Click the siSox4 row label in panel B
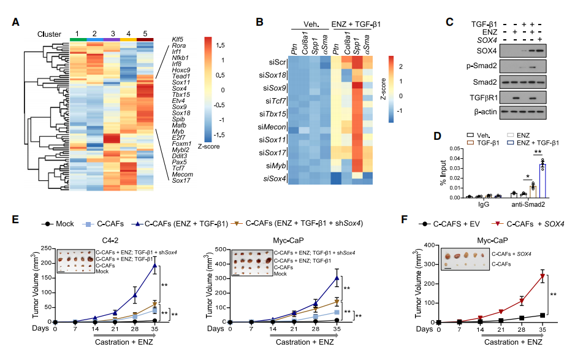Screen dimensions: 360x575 [x=275, y=180]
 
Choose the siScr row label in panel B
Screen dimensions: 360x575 [x=278, y=63]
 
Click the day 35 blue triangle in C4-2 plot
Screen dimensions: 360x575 [x=155, y=265]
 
